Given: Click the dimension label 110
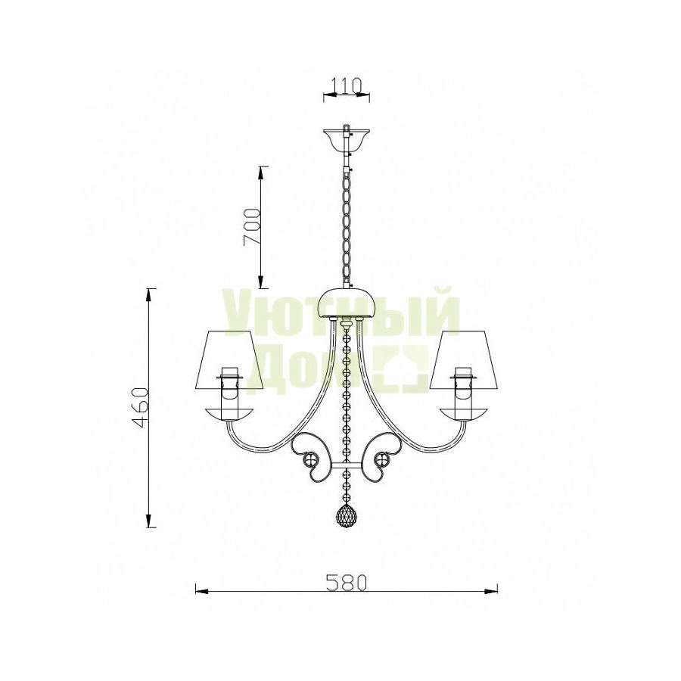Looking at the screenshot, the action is (x=347, y=86).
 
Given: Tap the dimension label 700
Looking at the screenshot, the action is (x=252, y=227).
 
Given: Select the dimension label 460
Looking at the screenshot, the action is (x=141, y=407).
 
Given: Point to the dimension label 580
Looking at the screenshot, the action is (x=347, y=583).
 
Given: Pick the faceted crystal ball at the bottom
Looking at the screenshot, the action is (x=346, y=516).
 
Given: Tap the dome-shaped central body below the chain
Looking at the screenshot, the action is (x=346, y=303).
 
